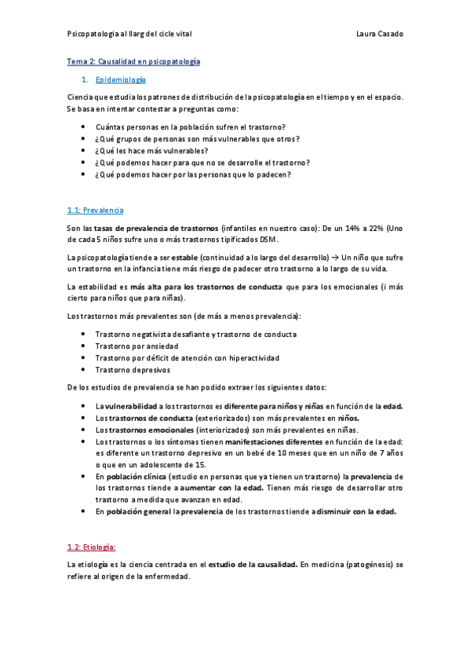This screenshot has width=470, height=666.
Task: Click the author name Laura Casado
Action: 379,34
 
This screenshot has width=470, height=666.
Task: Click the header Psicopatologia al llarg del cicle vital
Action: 129,34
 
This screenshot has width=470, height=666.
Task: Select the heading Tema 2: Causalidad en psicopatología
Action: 133,60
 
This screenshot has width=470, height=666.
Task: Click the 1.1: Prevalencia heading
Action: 95,210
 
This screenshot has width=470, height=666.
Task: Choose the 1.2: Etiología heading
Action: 91,547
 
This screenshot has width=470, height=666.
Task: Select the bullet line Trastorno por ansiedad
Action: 137,346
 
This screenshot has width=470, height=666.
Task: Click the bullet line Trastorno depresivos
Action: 132,369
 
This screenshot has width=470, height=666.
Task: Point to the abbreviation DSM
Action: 267,240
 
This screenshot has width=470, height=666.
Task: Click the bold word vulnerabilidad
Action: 130,405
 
